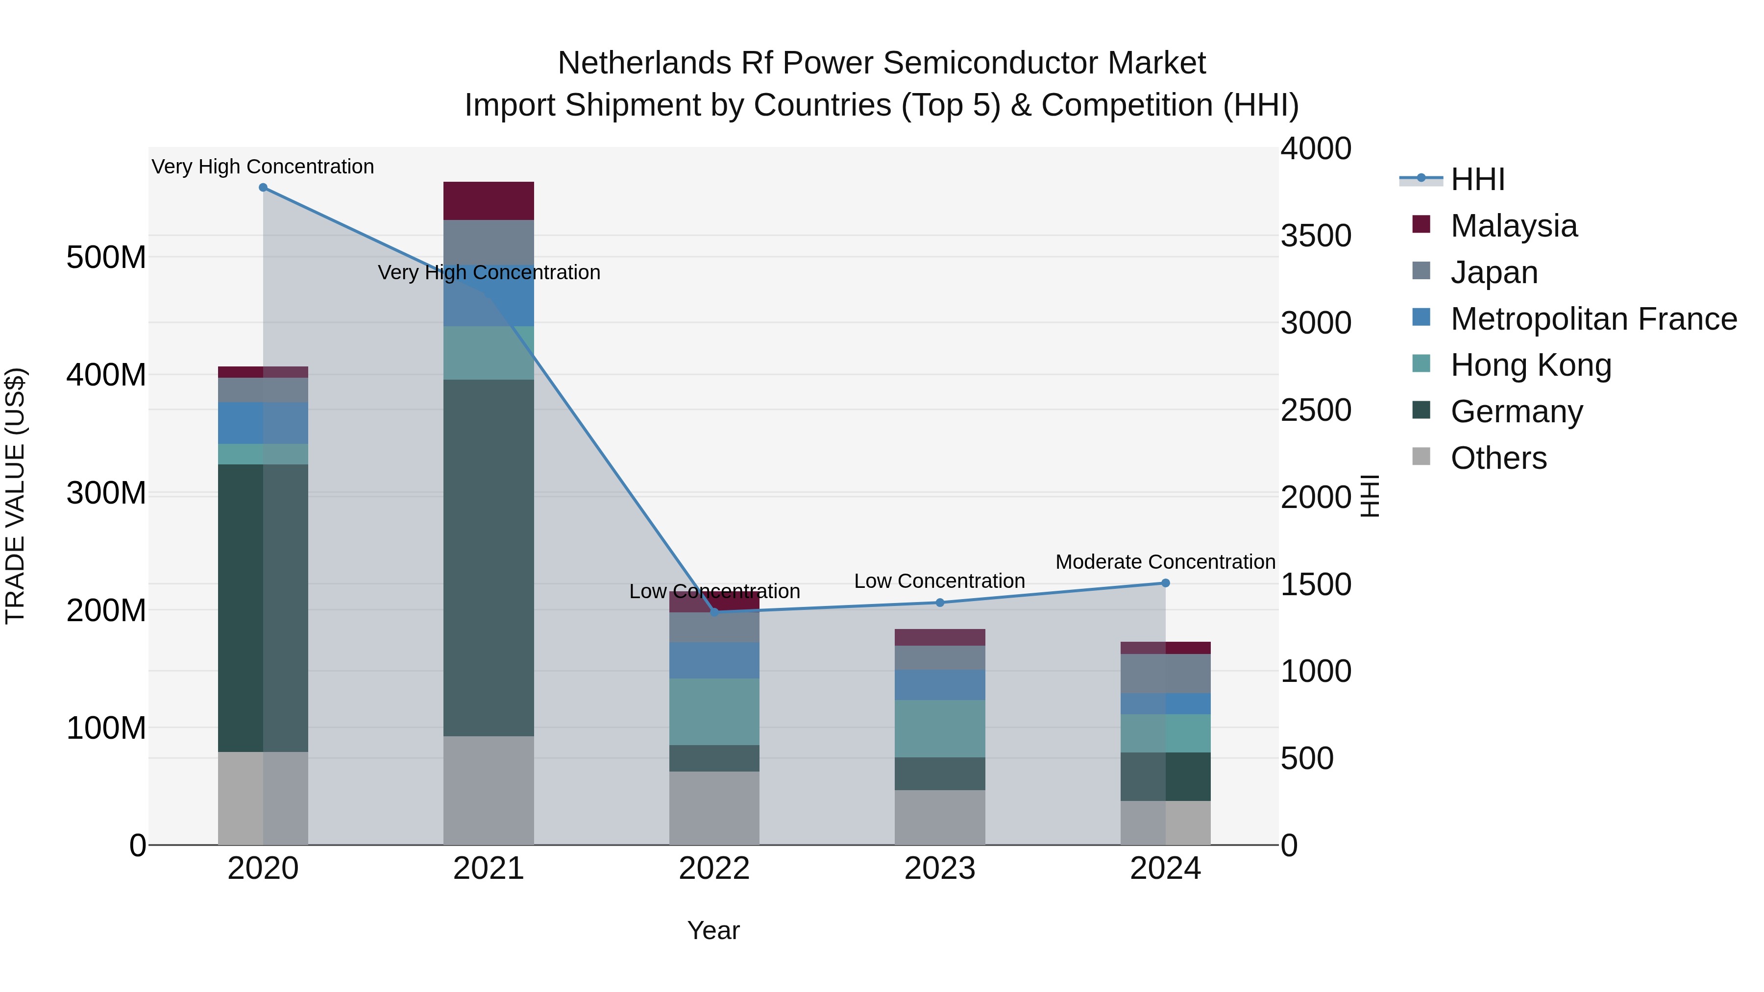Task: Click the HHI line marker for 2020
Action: (x=263, y=188)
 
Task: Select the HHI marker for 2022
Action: (x=714, y=612)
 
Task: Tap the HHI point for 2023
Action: (x=939, y=603)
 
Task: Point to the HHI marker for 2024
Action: (x=1166, y=583)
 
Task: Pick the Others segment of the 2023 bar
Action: (x=939, y=818)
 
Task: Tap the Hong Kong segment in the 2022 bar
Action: (x=714, y=712)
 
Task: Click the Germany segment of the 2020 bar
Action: (x=263, y=608)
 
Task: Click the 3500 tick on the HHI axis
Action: (x=1316, y=236)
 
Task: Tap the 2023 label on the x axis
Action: (x=939, y=869)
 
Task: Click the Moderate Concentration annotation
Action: (x=1166, y=562)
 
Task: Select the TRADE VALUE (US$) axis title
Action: (x=15, y=496)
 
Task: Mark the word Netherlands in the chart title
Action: (x=644, y=63)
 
